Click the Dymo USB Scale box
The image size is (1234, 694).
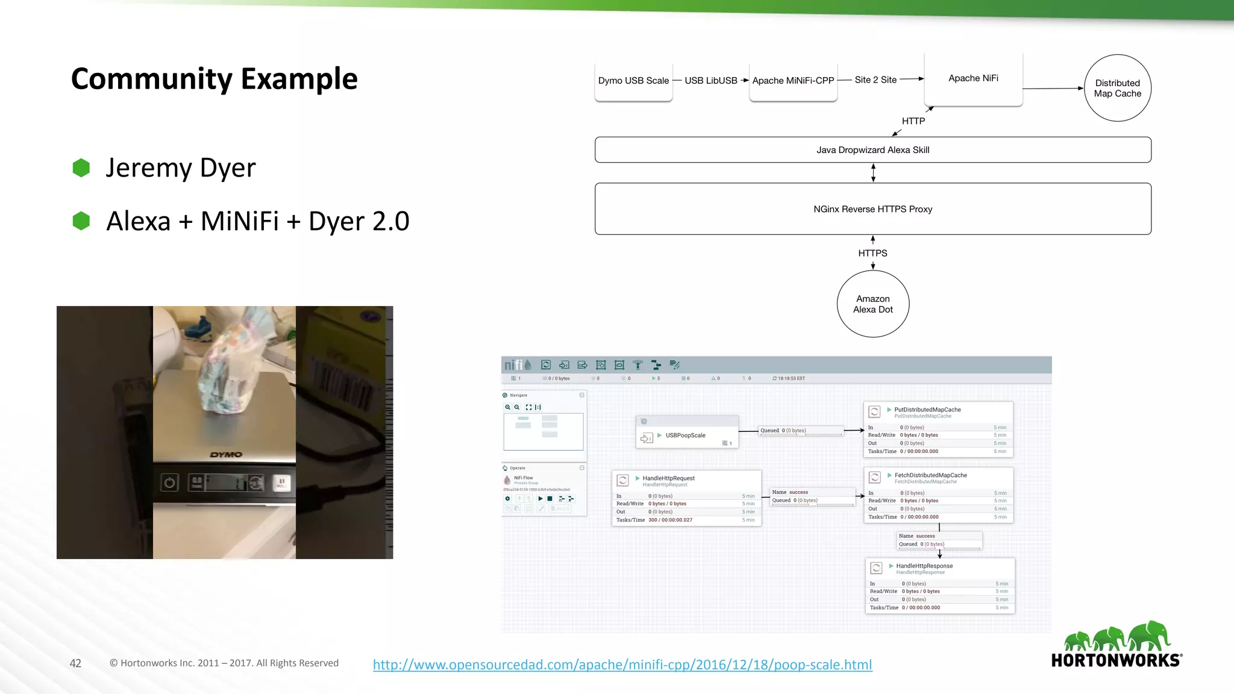(633, 81)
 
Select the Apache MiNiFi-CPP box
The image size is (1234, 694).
(793, 81)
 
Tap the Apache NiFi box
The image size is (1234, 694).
(973, 78)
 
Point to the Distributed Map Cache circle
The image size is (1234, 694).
(1117, 88)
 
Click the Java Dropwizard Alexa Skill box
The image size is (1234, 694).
(872, 150)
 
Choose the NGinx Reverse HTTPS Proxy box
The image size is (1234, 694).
(872, 209)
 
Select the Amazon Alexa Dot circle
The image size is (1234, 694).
(872, 304)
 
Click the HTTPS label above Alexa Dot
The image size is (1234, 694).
(872, 253)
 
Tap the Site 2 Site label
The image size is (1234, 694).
(875, 80)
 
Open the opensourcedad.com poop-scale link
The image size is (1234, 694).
(622, 664)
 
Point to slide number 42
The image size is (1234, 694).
(75, 663)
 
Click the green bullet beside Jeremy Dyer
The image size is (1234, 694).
(81, 168)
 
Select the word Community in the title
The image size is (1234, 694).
(151, 79)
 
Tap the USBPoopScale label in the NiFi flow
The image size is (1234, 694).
(685, 436)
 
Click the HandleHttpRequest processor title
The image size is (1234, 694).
(668, 478)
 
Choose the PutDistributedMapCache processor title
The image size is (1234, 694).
(927, 410)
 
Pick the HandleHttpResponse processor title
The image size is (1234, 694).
(924, 566)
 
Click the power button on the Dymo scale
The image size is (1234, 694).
(170, 483)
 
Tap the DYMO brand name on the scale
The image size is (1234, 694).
(226, 455)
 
